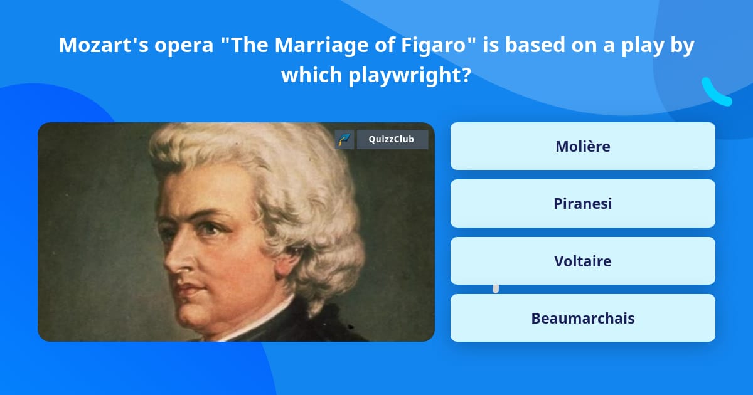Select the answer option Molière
582,146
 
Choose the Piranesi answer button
582,204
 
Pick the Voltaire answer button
582,261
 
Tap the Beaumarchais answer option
582,318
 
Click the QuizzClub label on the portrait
392,140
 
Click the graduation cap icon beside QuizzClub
344,140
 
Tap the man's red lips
188,290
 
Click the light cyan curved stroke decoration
715,92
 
